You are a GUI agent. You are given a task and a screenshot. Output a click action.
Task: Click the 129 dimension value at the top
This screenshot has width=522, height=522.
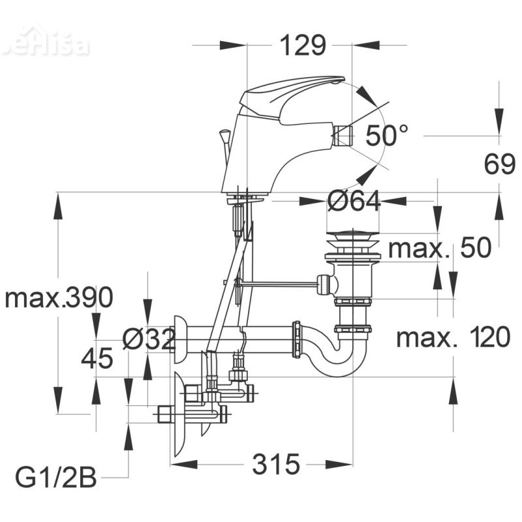pyautogui.click(x=302, y=46)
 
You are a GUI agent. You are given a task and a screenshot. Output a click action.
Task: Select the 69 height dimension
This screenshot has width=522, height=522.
pyautogui.click(x=500, y=165)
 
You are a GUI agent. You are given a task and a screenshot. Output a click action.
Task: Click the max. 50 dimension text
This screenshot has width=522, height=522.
pyautogui.click(x=439, y=249)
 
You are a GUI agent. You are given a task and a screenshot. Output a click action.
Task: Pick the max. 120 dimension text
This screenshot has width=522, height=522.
pyautogui.click(x=453, y=338)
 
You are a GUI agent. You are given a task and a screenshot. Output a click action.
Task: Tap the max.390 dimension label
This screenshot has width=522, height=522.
pyautogui.click(x=59, y=298)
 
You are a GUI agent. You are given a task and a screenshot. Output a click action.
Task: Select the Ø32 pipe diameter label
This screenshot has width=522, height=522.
pyautogui.click(x=149, y=339)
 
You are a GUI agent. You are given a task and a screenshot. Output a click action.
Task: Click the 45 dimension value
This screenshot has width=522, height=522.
pyautogui.click(x=97, y=358)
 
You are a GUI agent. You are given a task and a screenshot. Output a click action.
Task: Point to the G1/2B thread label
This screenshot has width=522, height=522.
pyautogui.click(x=55, y=478)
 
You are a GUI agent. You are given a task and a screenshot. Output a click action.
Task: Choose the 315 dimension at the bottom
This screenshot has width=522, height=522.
pyautogui.click(x=275, y=465)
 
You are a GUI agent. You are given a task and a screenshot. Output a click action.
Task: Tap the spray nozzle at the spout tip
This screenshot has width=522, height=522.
pyautogui.click(x=343, y=136)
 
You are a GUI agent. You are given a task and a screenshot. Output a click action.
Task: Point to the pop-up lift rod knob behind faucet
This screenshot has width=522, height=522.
pyautogui.click(x=224, y=135)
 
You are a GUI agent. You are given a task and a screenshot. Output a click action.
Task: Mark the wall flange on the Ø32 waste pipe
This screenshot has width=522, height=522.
pyautogui.click(x=179, y=339)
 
